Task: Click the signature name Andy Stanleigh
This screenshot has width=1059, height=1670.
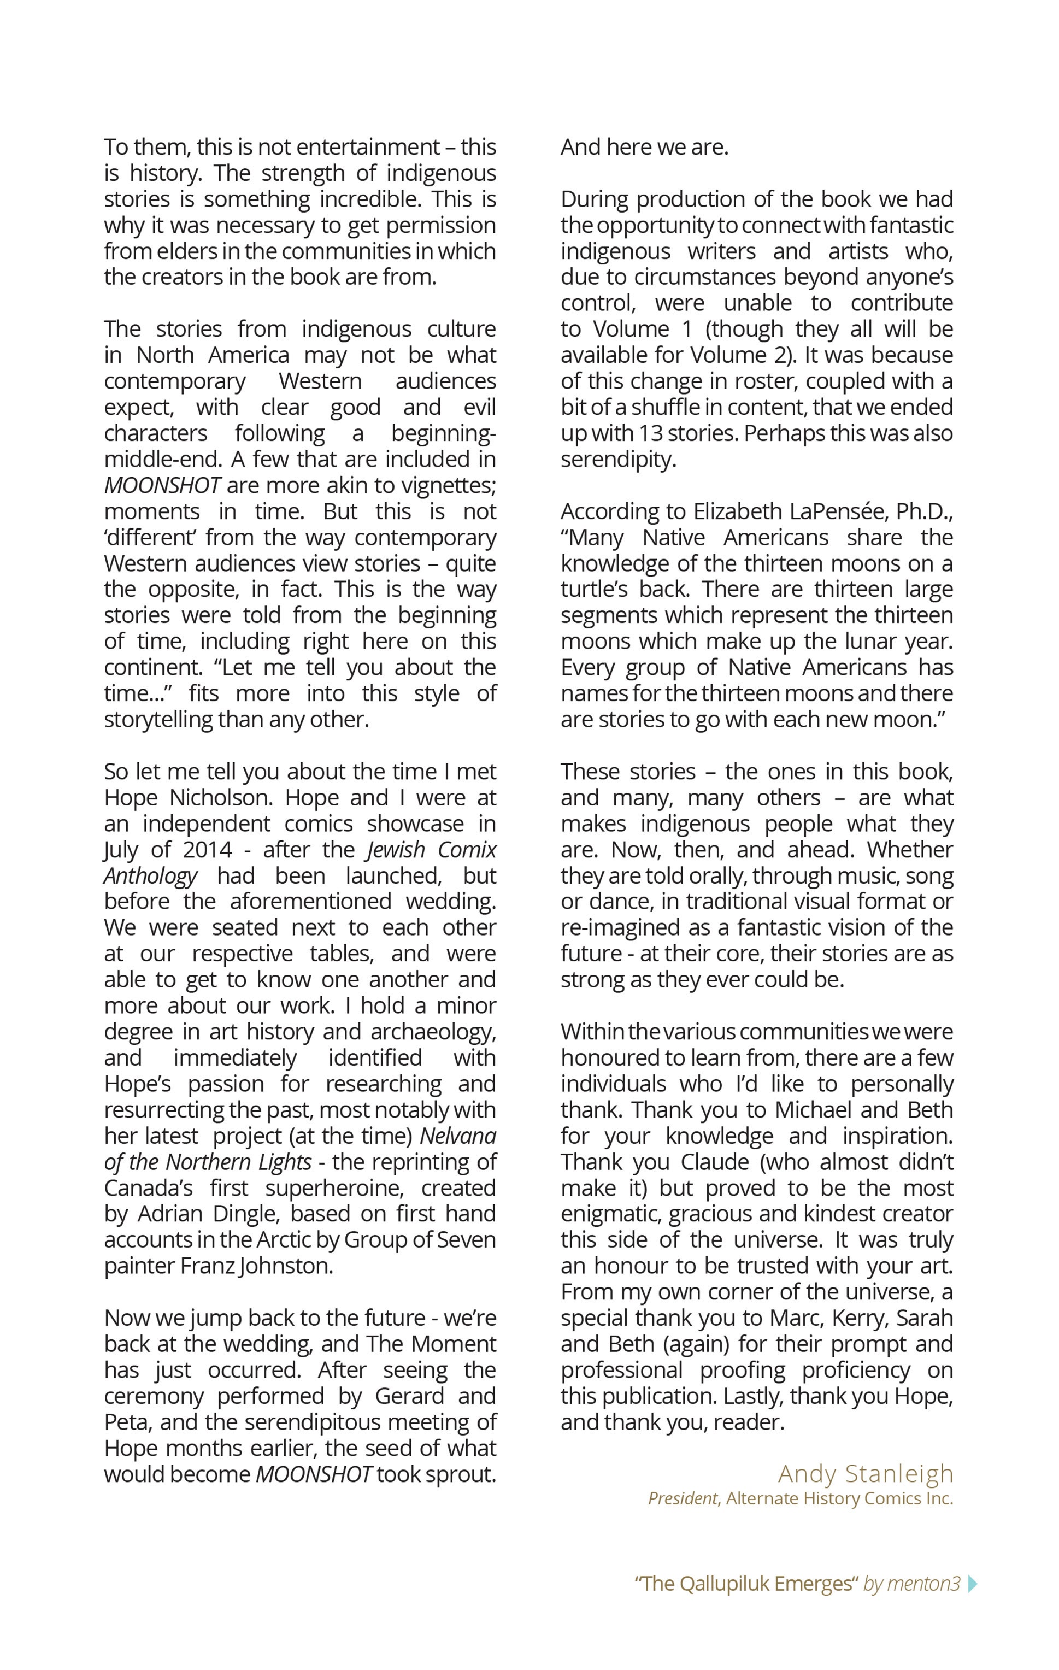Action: pos(866,1474)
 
